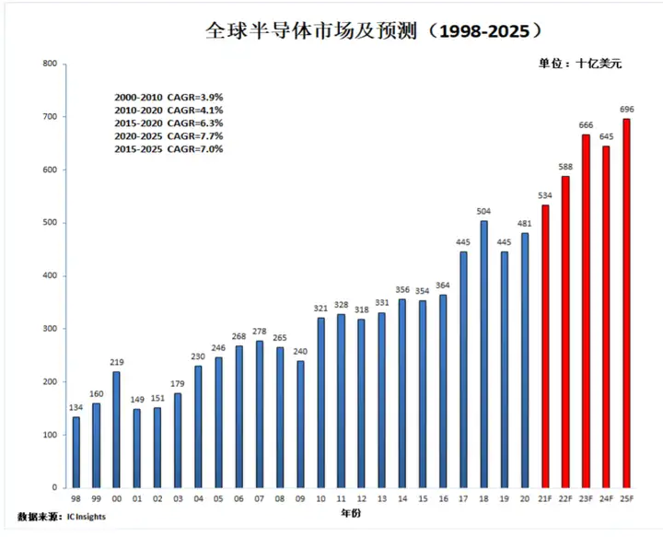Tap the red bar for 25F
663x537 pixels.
[627, 303]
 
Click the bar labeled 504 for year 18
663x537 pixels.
[484, 354]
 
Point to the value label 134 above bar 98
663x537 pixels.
[76, 408]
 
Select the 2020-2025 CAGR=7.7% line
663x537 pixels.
[169, 135]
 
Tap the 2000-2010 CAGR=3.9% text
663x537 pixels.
[169, 97]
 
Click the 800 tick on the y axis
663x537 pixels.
[49, 64]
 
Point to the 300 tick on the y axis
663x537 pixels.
[49, 329]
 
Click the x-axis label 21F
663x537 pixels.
[545, 498]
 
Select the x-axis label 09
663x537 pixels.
[299, 498]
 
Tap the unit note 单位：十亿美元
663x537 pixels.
[580, 64]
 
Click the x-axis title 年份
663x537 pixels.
[352, 512]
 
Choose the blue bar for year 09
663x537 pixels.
[300, 424]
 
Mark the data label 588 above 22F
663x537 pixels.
[565, 167]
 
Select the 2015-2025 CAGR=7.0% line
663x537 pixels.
[169, 148]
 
